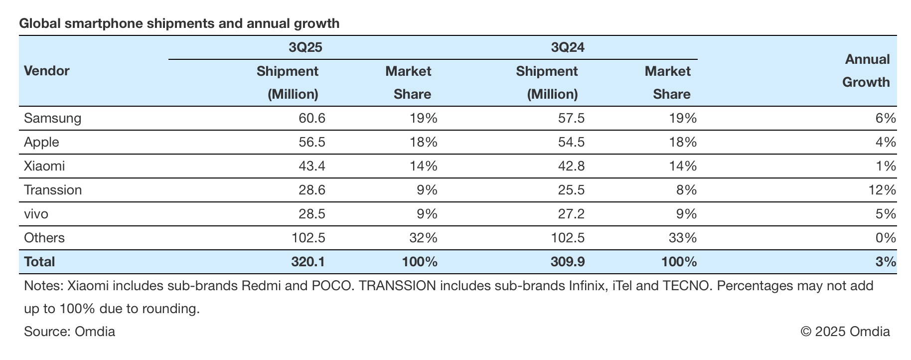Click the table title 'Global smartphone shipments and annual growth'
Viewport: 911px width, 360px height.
(179, 23)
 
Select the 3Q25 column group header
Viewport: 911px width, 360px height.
(305, 47)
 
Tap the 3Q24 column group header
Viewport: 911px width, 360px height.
(568, 47)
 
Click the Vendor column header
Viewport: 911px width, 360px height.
(47, 71)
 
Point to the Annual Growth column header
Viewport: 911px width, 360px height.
(867, 71)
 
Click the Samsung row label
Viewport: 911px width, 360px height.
(52, 118)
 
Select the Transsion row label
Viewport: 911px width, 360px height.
(53, 190)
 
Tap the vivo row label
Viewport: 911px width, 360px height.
(36, 214)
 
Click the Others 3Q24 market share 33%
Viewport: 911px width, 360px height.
(683, 238)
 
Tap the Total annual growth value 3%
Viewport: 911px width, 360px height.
(886, 262)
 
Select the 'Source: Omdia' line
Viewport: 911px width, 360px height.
(69, 332)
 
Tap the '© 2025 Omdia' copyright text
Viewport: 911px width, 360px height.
(845, 332)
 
